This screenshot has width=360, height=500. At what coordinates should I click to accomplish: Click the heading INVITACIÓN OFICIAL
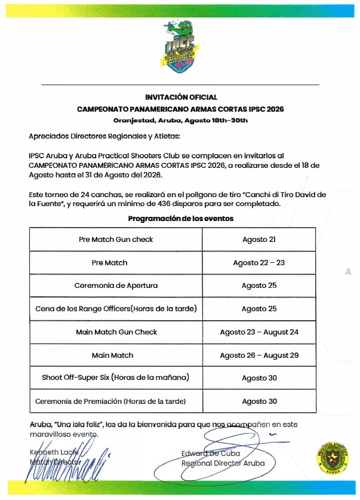pos(181,97)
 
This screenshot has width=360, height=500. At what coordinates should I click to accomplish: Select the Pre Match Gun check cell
pos(116,240)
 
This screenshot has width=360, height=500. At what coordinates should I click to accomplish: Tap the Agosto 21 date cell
pos(259,240)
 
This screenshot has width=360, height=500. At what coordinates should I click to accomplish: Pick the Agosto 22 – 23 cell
pos(259,263)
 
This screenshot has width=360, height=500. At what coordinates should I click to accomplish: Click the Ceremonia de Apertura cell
pos(116,286)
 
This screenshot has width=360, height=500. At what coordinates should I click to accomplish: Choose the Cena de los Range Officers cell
pos(116,309)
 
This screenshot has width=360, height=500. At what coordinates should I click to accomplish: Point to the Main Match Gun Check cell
pos(116,332)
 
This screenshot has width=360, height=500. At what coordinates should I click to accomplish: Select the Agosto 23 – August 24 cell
pos(259,332)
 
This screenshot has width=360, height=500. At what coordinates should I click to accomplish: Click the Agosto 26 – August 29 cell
pos(259,355)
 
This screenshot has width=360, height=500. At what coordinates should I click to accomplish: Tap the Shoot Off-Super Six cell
pos(116,378)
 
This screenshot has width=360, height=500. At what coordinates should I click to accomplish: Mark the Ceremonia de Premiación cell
pos(116,401)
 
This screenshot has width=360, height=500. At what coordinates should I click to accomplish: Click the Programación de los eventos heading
pos(181,219)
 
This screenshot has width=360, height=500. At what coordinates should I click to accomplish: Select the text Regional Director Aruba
pos(223,463)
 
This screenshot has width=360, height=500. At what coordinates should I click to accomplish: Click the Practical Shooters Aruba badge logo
pos(329,458)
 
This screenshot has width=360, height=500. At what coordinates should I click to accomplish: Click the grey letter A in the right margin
pos(348,272)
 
